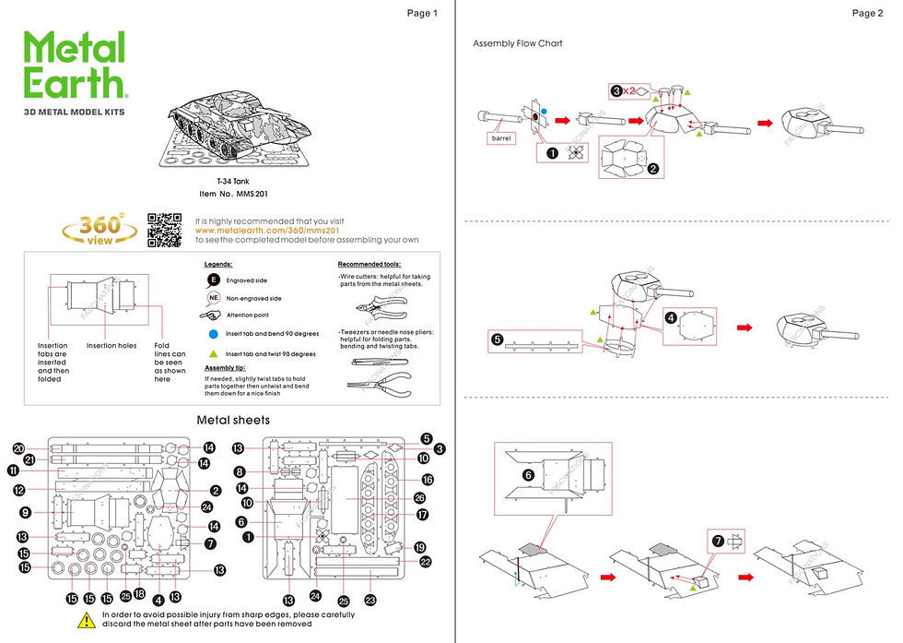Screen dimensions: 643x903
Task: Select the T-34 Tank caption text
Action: (233, 182)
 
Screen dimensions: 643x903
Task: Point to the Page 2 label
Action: (867, 13)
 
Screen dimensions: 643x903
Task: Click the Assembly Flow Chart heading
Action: (517, 43)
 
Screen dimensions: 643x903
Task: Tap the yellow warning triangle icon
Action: (86, 621)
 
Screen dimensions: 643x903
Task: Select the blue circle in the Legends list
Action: (213, 333)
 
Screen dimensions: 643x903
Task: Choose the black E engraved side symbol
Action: (213, 280)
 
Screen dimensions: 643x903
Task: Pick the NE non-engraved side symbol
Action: (213, 298)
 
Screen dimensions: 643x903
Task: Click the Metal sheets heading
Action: (234, 420)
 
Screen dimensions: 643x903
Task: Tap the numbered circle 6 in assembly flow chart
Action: (528, 474)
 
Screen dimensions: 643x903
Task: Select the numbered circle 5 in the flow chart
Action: (498, 339)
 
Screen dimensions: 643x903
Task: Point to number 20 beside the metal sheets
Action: (18, 447)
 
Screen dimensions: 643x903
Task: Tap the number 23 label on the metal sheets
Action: (371, 600)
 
